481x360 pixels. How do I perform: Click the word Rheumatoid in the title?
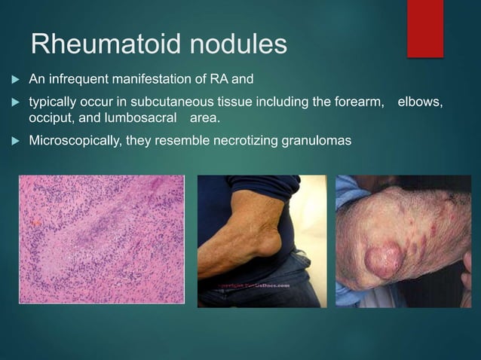tap(98, 44)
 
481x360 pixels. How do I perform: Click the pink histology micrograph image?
tap(101, 239)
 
